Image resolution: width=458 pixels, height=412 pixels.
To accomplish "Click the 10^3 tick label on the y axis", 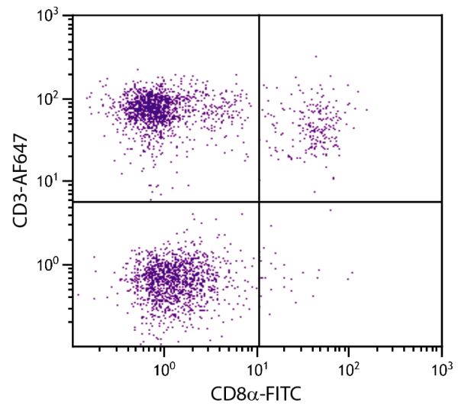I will click(56, 17).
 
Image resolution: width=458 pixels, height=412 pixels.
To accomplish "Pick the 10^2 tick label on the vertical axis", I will click(56, 99).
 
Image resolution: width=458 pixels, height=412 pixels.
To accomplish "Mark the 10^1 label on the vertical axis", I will click(56, 182).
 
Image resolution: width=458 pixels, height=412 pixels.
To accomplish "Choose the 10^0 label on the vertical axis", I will click(56, 265).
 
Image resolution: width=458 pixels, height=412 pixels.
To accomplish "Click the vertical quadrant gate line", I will click(260, 115).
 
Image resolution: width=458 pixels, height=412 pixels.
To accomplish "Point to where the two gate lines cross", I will click(260, 202).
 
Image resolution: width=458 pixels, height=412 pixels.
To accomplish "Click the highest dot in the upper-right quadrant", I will click(315, 56).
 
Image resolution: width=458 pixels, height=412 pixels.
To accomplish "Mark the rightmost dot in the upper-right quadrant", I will click(367, 109).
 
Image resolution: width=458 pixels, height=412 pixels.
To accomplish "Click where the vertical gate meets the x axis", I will click(260, 346).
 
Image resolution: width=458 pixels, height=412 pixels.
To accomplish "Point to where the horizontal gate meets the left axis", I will click(73, 202).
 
